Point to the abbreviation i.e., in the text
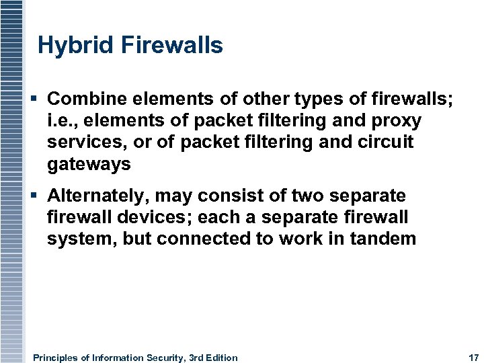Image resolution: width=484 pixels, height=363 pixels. (x=63, y=120)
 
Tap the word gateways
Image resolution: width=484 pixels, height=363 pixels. (x=89, y=163)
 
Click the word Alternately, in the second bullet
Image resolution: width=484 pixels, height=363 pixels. (x=99, y=196)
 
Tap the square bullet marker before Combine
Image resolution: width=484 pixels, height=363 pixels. (x=34, y=99)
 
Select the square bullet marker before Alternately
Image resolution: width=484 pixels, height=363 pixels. (x=34, y=196)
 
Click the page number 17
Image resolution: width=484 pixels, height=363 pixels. (x=472, y=358)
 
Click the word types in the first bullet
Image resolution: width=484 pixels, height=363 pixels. (x=323, y=99)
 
